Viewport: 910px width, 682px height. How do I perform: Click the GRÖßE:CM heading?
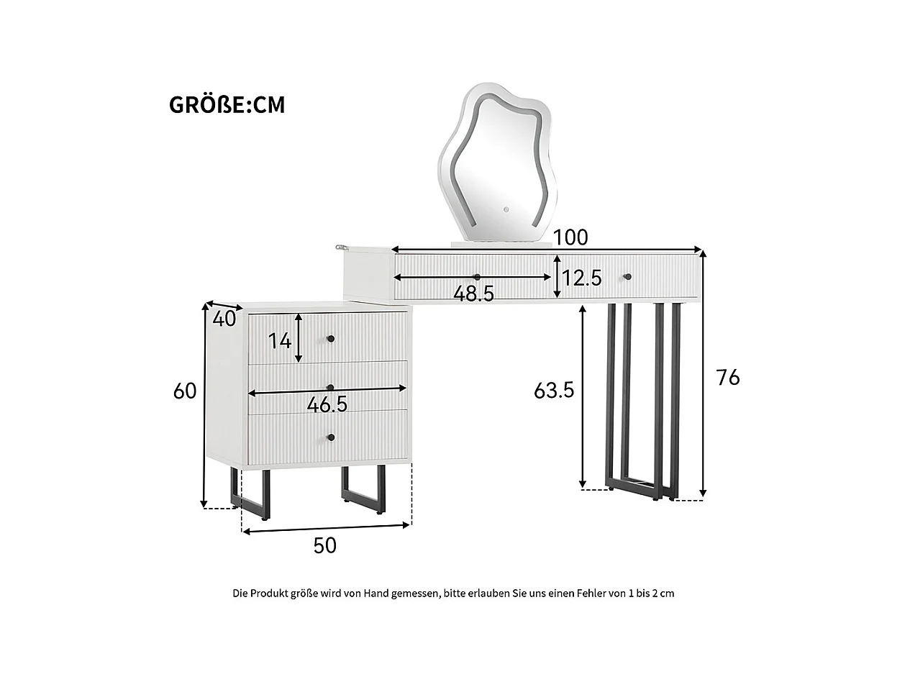227,105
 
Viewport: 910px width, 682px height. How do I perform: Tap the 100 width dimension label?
571,237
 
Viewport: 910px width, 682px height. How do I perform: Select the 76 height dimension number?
728,376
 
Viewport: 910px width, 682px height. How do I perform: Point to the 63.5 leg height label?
554,390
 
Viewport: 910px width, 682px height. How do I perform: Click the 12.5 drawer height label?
581,278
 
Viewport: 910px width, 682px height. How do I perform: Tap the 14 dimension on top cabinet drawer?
281,340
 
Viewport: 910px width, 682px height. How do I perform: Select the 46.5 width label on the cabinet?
327,405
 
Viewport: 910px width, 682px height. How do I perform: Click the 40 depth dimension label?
225,319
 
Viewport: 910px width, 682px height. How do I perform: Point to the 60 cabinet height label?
185,391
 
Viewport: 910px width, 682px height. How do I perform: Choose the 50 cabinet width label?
324,546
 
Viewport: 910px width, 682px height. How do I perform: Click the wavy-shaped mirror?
498,162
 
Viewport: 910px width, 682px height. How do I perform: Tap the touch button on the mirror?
505,211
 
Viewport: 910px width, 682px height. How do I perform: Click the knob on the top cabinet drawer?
331,339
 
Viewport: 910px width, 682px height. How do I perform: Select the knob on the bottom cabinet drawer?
331,437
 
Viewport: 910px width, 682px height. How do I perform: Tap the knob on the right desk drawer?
627,276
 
